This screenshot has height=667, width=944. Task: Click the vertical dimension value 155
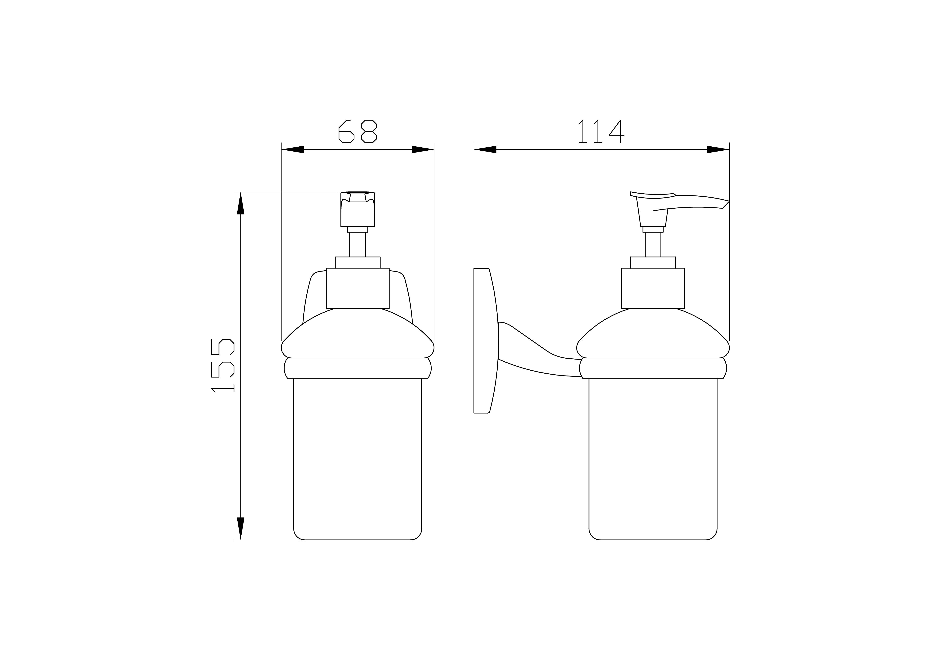click(222, 366)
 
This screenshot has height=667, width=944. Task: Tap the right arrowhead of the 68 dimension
click(423, 150)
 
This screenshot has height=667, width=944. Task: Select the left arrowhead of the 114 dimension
click(485, 150)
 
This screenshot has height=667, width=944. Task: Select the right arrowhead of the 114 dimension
click(718, 150)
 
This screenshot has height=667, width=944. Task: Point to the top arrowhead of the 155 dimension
click(241, 203)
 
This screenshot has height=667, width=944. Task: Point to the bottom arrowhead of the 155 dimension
click(241, 529)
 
